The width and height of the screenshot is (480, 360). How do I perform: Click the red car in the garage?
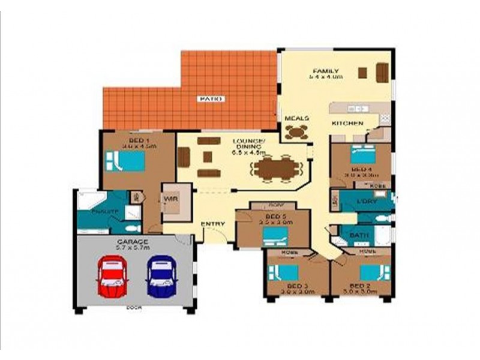click(112, 276)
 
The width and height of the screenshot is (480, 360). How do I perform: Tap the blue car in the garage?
click(161, 276)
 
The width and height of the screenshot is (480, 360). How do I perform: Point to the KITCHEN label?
click(347, 124)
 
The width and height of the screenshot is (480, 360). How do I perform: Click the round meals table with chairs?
click(296, 133)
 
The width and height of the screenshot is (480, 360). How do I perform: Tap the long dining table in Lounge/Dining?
click(275, 168)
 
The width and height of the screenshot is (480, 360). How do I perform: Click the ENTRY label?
click(212, 224)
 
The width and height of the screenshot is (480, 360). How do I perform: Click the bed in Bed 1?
click(127, 161)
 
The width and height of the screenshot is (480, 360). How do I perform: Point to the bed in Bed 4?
click(363, 155)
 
